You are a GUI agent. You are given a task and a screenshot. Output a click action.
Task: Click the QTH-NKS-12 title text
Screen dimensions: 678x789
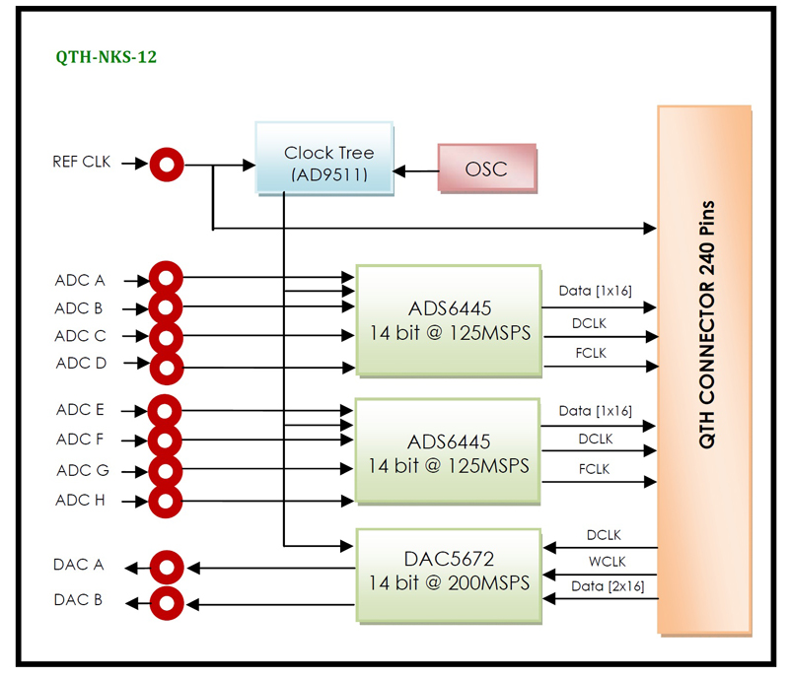pyautogui.click(x=107, y=57)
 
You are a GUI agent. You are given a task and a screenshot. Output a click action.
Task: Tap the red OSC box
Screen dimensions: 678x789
pyautogui.click(x=486, y=169)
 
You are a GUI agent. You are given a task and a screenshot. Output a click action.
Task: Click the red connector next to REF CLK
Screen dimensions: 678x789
pyautogui.click(x=167, y=165)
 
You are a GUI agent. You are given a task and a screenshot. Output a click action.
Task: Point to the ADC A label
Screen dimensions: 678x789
pyautogui.click(x=80, y=280)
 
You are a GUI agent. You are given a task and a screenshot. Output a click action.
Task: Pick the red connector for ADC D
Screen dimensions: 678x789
pyautogui.click(x=167, y=368)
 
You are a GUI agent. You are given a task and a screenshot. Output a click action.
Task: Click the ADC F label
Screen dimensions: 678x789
pyautogui.click(x=80, y=440)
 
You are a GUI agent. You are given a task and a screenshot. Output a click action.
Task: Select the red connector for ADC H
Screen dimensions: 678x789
pyautogui.click(x=167, y=501)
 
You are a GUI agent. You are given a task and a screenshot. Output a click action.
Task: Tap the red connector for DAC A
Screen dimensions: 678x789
pyautogui.click(x=167, y=567)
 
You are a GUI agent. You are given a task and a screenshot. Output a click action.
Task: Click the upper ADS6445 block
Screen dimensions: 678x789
pyautogui.click(x=449, y=320)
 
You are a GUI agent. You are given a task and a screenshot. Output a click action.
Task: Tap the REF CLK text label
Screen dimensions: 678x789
pyautogui.click(x=82, y=162)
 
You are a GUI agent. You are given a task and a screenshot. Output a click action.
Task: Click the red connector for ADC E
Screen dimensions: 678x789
pyautogui.click(x=167, y=410)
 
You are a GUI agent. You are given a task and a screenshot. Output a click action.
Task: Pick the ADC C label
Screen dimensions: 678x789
pyautogui.click(x=80, y=335)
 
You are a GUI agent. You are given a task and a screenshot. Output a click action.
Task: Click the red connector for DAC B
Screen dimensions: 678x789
pyautogui.click(x=167, y=600)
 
